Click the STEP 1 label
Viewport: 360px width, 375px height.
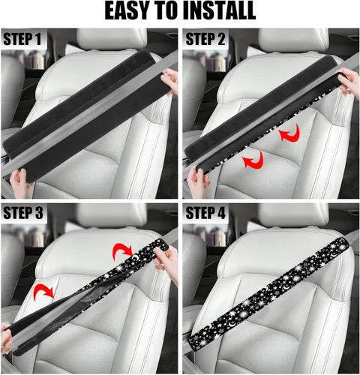[x=22, y=39]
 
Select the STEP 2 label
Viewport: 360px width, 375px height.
[x=205, y=39]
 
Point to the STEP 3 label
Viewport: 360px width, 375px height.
[x=22, y=213]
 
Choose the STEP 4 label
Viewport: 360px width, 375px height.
[x=205, y=213]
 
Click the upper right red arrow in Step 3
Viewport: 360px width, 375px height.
[x=122, y=249]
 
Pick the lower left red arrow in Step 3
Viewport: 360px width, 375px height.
[x=43, y=290]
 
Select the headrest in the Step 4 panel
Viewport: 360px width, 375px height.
[x=294, y=215]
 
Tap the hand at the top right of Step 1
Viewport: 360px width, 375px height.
[x=170, y=81]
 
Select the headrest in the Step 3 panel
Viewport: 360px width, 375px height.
[x=111, y=215]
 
